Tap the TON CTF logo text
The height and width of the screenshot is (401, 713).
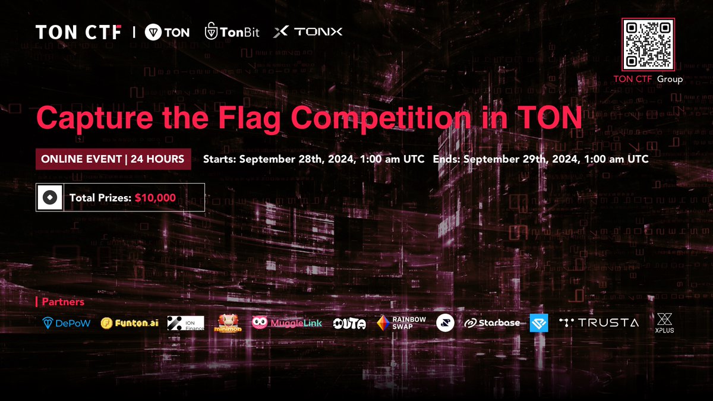point(78,32)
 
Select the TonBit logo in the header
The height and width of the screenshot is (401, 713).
point(232,32)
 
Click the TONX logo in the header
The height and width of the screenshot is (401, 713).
point(308,32)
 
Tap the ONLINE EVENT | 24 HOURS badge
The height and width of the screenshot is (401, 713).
point(113,159)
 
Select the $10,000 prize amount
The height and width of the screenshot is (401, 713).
point(155,198)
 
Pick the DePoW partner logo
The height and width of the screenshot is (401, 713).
point(66,323)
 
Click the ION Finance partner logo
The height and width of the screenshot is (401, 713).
point(185,323)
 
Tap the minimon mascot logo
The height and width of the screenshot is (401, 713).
point(230,323)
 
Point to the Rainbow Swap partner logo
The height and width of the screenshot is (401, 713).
point(401,323)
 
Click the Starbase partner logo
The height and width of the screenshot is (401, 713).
point(491,323)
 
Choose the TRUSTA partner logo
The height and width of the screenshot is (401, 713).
point(599,323)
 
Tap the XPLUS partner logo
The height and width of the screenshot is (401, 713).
point(664,323)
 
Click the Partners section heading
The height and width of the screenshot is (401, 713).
point(62,302)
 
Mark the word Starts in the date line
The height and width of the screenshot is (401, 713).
point(220,159)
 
